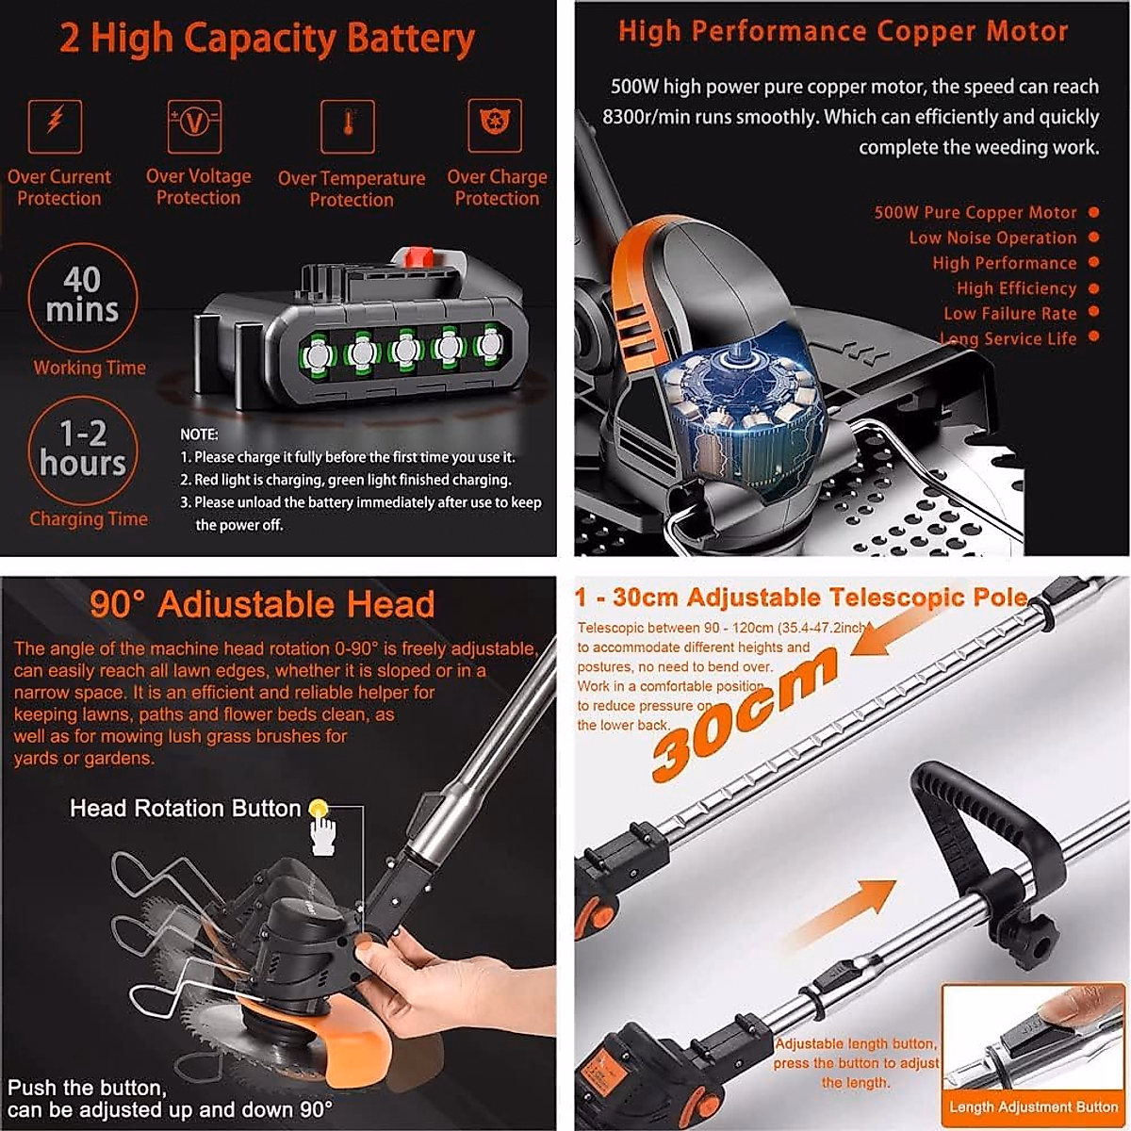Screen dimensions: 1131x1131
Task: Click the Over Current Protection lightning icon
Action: [x=56, y=125]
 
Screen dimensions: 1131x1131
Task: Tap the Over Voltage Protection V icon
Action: [x=194, y=125]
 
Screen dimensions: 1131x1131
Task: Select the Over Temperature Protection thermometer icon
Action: [x=348, y=125]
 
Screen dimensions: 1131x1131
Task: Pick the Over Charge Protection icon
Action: [x=495, y=125]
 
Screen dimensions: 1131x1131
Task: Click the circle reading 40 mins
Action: [x=83, y=296]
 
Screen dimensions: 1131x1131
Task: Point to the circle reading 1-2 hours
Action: [x=83, y=450]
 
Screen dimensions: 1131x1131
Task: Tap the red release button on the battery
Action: [x=415, y=256]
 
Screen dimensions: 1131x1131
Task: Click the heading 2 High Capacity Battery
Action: [x=267, y=40]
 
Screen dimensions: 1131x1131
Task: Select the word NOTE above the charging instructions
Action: [x=199, y=434]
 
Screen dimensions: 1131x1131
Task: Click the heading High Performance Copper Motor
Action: [x=843, y=32]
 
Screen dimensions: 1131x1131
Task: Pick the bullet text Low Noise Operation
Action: [x=992, y=238]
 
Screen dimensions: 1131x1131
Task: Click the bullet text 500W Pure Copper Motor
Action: [x=975, y=213]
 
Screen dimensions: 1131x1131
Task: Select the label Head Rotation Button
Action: [x=185, y=809]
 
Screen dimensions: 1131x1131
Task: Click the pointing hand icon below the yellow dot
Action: [x=322, y=835]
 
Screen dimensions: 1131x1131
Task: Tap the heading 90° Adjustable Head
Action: [x=262, y=604]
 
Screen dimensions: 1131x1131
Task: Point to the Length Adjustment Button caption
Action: [x=1033, y=1107]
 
